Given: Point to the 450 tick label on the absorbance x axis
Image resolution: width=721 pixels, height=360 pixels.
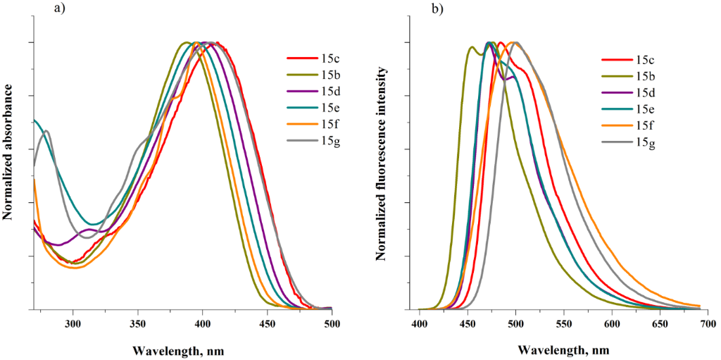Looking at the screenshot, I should (268, 323).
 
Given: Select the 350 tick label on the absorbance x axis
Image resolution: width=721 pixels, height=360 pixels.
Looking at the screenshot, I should (137, 323).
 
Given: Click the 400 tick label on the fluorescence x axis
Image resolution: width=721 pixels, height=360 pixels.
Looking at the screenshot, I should (420, 323).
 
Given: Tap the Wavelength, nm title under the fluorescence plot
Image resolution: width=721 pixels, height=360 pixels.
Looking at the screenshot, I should (563, 350).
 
